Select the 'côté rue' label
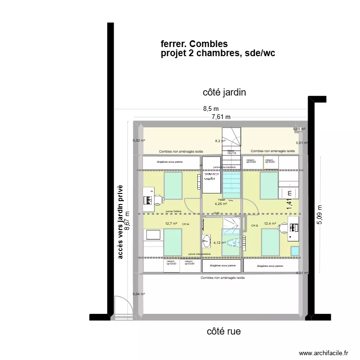[x=224, y=331]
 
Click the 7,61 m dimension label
[x=221, y=117]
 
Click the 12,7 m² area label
[x=171, y=224]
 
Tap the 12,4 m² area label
[x=270, y=224]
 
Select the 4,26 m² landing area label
[x=221, y=204]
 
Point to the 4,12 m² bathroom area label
[x=219, y=243]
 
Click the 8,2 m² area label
[x=220, y=141]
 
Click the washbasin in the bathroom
[x=207, y=240]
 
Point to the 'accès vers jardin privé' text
[x=120, y=222]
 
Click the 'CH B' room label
[x=254, y=225]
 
